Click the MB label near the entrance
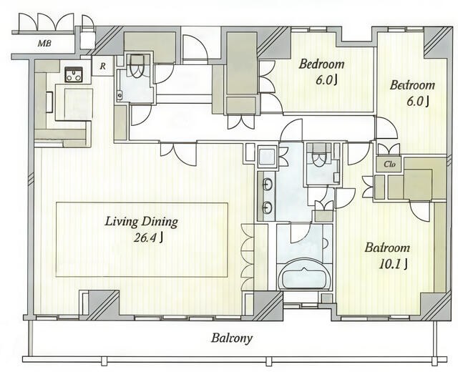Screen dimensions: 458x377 point(44,44)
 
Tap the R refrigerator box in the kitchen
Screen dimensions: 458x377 point(102,67)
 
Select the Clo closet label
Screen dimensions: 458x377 point(389,164)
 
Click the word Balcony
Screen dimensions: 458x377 point(232,338)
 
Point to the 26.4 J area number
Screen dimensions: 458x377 point(148,238)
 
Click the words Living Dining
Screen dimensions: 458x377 point(142,222)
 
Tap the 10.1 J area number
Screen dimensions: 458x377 point(393,264)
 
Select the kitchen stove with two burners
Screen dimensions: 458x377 point(73,74)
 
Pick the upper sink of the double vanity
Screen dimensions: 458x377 point(267,185)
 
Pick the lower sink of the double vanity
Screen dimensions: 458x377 point(267,207)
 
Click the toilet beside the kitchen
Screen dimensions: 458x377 point(136,68)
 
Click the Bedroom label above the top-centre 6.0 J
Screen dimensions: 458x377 point(321,64)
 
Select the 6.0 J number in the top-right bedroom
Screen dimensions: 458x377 point(418,101)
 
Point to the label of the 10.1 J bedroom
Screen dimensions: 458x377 point(387,248)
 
